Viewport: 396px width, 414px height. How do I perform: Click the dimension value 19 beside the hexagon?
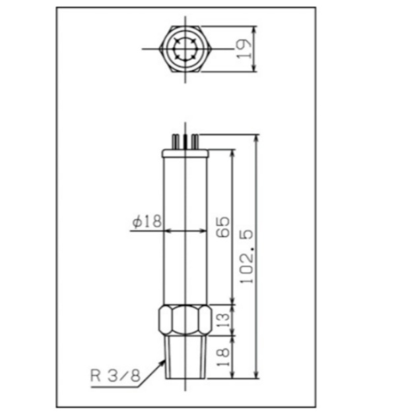click(245, 49)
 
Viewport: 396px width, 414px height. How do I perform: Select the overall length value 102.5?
click(246, 256)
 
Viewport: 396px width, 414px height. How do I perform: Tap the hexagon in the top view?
click(185, 49)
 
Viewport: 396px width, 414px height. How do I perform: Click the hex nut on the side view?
click(185, 321)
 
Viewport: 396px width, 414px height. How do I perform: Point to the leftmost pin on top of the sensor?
click(174, 142)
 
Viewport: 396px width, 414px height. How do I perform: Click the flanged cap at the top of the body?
click(185, 154)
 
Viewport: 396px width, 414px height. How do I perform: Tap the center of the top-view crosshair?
click(185, 49)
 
